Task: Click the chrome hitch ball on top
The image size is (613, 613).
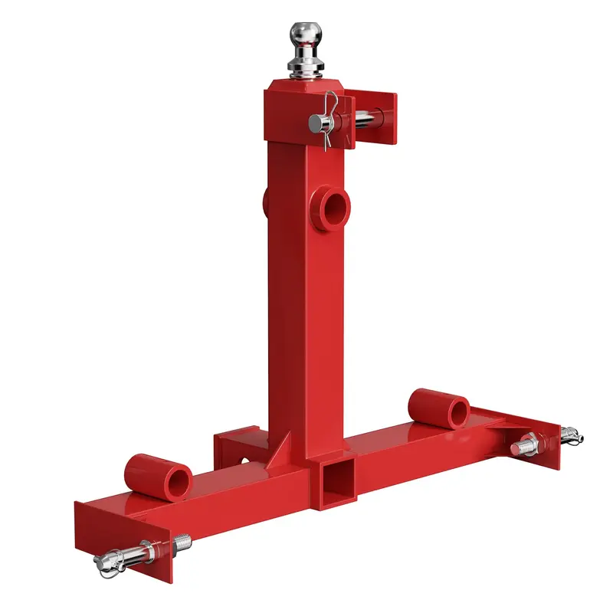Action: (304, 35)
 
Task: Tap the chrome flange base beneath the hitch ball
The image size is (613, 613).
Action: (305, 70)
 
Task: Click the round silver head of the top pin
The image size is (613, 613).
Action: (314, 122)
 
